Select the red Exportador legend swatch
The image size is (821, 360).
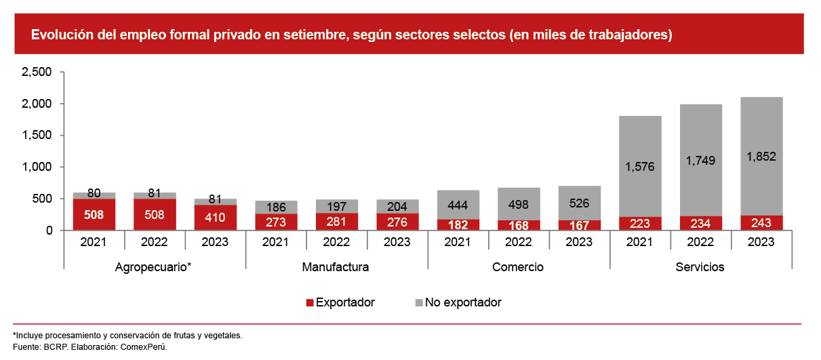coord(311,302)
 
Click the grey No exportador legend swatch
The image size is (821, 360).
coord(419,302)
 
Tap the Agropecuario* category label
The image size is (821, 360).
coord(154,267)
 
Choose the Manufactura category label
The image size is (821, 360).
coord(336,267)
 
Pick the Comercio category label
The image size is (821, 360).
coord(518,267)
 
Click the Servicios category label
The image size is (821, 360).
coord(700,267)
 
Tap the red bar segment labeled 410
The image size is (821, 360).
coord(215,218)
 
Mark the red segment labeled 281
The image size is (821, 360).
coord(336,222)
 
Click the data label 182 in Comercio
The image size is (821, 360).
coord(458,224)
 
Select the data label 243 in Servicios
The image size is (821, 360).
coord(761,223)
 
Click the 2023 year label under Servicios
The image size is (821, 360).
coord(761,242)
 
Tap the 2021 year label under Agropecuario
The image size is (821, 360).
coord(94,242)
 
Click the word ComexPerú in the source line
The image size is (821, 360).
coord(148,346)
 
